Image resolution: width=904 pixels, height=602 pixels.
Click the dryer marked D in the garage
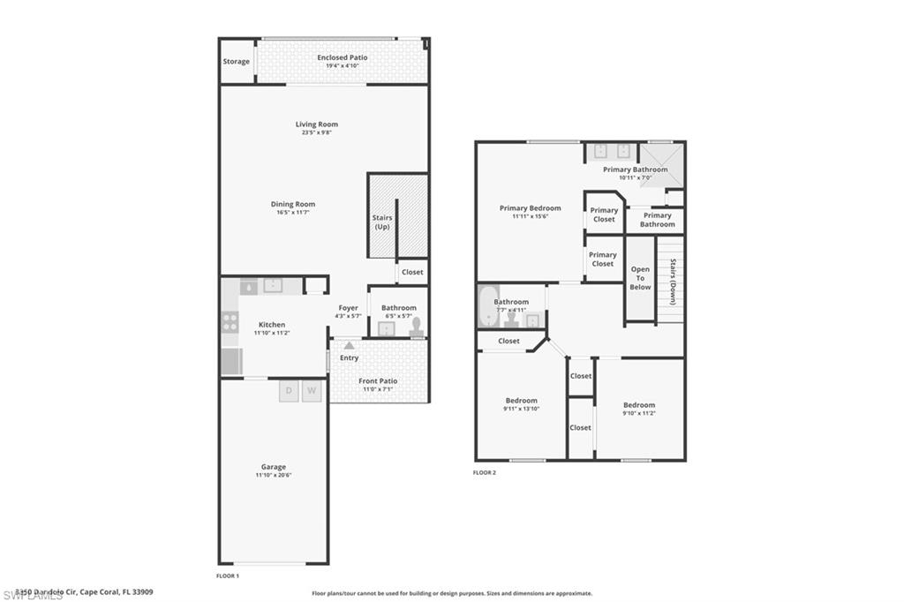pos(289,391)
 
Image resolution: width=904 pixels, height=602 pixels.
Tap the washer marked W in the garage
pos(312,391)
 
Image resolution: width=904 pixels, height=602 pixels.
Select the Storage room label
pos(236,62)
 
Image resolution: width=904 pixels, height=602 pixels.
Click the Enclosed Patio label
pos(342,57)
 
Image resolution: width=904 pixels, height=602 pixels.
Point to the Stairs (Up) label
pos(382,222)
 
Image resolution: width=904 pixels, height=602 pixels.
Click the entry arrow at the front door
pos(350,345)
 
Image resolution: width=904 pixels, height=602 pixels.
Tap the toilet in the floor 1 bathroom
pos(416,327)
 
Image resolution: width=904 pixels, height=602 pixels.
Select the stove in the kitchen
pos(230,322)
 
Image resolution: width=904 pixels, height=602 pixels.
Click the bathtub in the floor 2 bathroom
pos(488,306)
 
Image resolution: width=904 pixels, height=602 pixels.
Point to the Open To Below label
pos(640,278)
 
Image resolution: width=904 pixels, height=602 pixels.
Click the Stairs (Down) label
pos(673,275)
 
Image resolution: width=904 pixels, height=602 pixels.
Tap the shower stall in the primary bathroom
pos(661,164)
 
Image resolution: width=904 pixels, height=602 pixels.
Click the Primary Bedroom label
pos(530,208)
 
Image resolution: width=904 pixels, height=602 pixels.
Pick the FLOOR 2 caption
pos(485,473)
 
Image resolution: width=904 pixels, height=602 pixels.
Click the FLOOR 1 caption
pos(228,576)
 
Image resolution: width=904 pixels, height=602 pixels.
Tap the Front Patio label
pos(378,380)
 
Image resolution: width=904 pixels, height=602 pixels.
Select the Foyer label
pos(348,308)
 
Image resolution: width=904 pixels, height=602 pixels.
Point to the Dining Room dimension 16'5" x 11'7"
pos(292,213)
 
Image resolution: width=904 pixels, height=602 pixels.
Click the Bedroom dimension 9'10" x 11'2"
pos(639,413)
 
